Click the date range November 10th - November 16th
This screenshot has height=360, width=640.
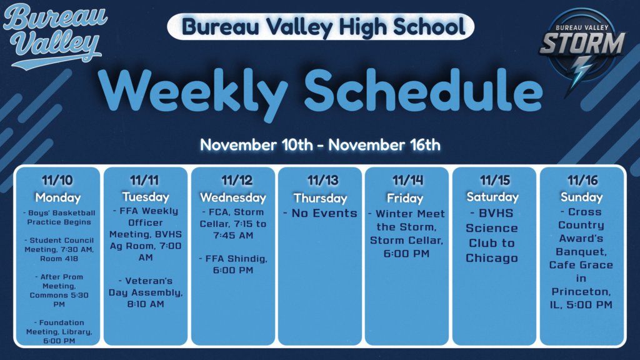coord(320,145)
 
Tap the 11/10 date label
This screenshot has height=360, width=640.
coord(57,181)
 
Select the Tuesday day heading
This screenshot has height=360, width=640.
coord(145,197)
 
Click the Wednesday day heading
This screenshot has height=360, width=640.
coord(232,197)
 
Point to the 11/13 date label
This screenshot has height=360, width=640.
coord(320,181)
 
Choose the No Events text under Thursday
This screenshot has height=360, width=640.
coord(320,213)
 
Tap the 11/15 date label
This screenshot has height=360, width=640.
coord(494,181)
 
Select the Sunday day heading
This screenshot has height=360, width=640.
coord(581,197)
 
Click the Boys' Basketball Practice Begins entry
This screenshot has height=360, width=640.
coord(57,217)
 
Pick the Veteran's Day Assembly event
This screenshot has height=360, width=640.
coord(145,292)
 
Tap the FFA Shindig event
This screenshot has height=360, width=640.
coord(232,264)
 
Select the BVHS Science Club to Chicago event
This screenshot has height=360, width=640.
coord(492,235)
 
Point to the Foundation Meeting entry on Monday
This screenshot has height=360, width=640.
coord(57,331)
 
